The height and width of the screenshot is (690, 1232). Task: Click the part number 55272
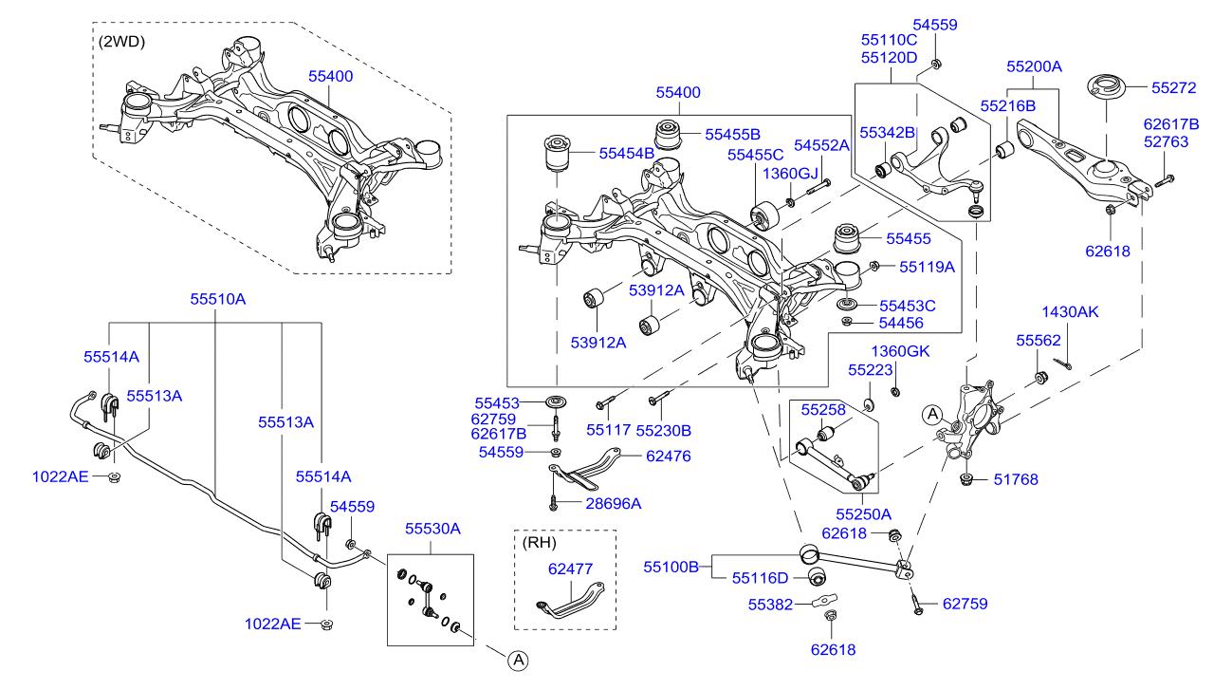point(1174,87)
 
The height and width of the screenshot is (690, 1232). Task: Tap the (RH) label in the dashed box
point(538,544)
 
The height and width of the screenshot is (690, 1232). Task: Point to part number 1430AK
point(1069,311)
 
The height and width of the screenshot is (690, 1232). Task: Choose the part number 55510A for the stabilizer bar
point(217,298)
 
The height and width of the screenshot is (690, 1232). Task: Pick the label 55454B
point(626,152)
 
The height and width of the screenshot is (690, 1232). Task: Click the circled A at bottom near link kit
point(516,660)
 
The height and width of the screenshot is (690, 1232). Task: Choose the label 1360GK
point(900,351)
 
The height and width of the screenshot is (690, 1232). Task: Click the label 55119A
point(927,267)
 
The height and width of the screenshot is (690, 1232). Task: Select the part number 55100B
point(671,567)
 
